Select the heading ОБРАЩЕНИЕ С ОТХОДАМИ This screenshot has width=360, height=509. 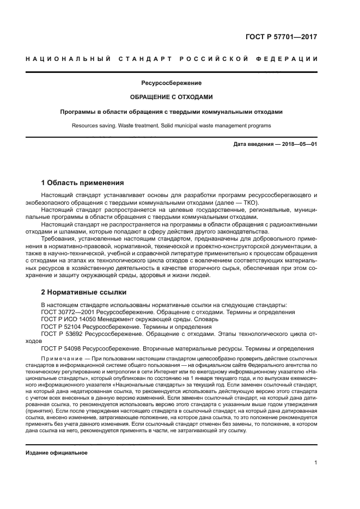coord(171,98)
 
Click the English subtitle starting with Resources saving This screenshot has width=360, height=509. coord(171,126)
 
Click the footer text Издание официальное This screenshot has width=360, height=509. coord(57,452)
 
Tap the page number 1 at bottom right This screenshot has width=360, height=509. coord(315,462)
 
